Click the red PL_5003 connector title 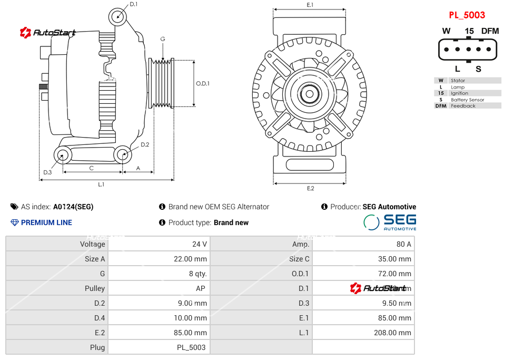click(467, 15)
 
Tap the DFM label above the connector click(490, 31)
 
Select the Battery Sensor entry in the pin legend click(467, 100)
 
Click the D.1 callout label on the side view click(133, 4)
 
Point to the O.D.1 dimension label click(203, 84)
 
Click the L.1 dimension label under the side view click(101, 184)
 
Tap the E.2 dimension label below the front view click(310, 188)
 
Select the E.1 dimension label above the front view click(310, 5)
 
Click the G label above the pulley click(163, 39)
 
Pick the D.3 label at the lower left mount click(47, 172)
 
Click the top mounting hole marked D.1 click(118, 16)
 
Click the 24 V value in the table click(200, 244)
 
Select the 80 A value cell click(404, 244)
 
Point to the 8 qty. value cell click(197, 274)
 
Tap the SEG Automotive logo click(390, 222)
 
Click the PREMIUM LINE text click(46, 222)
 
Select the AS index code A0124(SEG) click(73, 207)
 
